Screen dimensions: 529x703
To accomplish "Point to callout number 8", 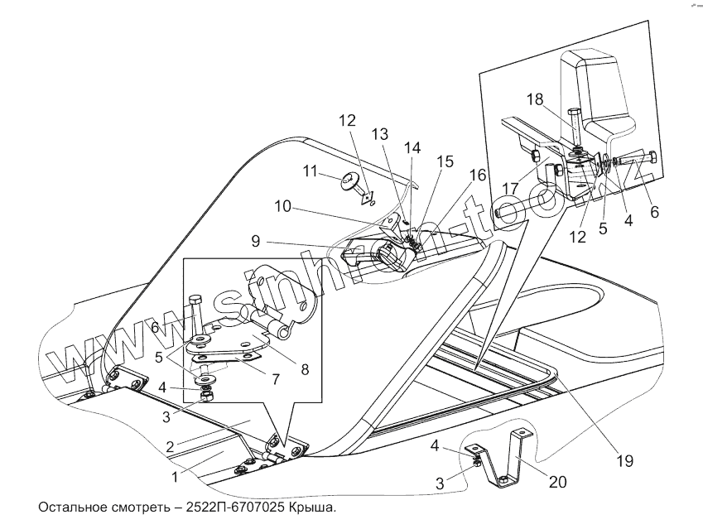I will (x=305, y=369).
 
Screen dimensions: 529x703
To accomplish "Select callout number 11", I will (x=311, y=171).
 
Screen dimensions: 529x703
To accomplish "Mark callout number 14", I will (x=412, y=147).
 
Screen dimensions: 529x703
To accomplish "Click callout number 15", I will (x=445, y=162).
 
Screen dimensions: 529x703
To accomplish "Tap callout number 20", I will (x=559, y=481).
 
